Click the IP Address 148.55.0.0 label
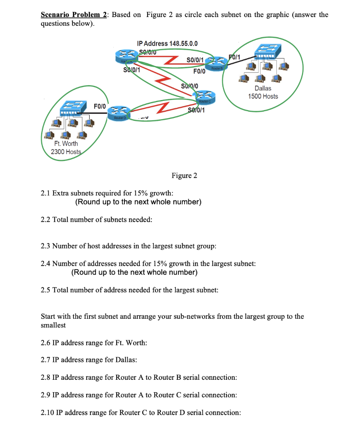pyautogui.click(x=167, y=44)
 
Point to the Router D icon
pyautogui.click(x=120, y=113)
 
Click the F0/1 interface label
pyautogui.click(x=234, y=57)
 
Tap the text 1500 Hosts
pyautogui.click(x=263, y=96)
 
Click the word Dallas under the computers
pyautogui.click(x=263, y=88)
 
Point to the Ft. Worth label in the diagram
pyautogui.click(x=65, y=143)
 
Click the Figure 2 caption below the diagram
pyautogui.click(x=184, y=176)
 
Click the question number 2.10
pyautogui.click(x=48, y=413)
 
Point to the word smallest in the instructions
pyautogui.click(x=53, y=325)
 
